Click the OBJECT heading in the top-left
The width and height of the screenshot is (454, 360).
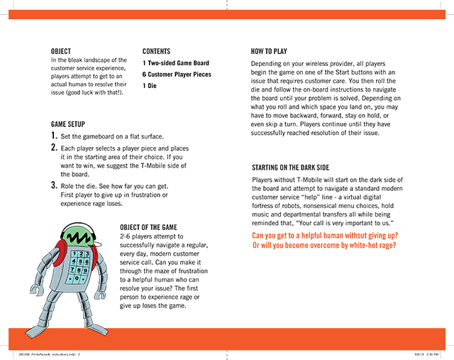tap(61, 51)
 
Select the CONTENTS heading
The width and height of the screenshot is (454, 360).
tap(157, 51)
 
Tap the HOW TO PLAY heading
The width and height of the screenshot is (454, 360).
tap(269, 51)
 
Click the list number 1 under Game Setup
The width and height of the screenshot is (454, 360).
tap(54, 136)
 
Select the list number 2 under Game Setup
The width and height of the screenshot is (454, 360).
tap(54, 148)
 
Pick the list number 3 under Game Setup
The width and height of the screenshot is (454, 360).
tap(54, 185)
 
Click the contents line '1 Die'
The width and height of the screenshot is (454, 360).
tap(150, 86)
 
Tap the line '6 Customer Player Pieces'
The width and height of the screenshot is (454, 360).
tap(177, 74)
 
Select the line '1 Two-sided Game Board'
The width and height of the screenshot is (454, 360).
tap(176, 62)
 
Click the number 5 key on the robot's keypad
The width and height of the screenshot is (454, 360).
tap(84, 261)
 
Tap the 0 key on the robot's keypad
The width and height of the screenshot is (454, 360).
tap(85, 278)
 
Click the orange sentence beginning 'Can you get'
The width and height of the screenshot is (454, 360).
tap(325, 235)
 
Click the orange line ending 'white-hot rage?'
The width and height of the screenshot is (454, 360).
tap(323, 246)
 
